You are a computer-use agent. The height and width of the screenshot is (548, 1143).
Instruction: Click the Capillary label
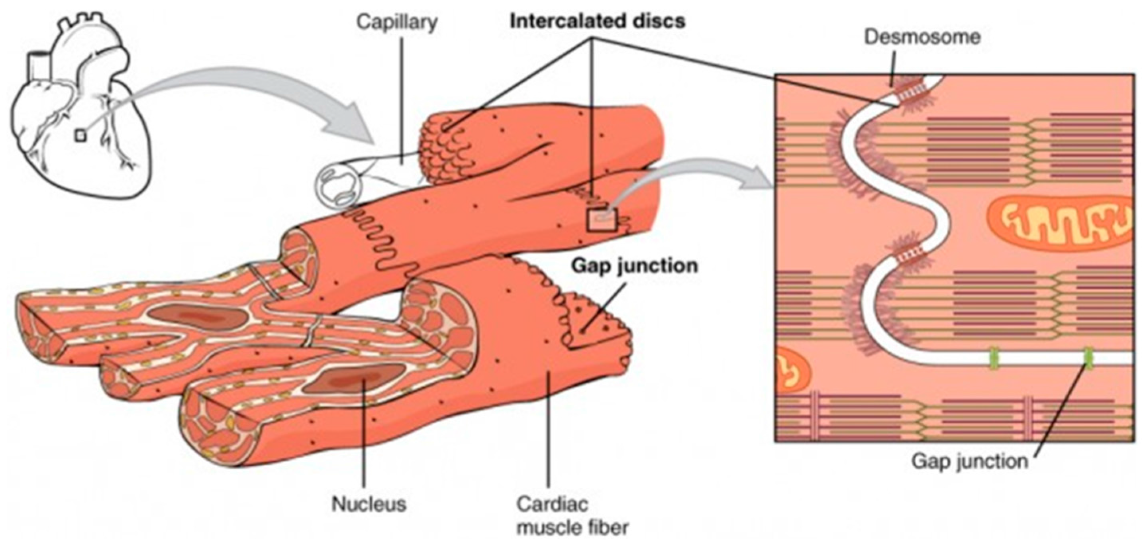[x=397, y=22]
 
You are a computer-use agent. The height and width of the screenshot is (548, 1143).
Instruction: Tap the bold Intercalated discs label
[x=597, y=21]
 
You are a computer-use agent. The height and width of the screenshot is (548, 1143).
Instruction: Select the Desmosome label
[x=921, y=37]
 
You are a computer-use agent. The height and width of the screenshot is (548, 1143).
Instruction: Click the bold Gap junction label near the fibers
[x=634, y=266]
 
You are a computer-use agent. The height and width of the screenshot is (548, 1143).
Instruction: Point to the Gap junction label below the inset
[x=970, y=461]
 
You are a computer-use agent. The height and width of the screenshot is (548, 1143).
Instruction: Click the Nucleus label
[x=369, y=504]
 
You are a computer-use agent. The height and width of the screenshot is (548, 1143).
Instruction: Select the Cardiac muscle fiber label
[x=572, y=516]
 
